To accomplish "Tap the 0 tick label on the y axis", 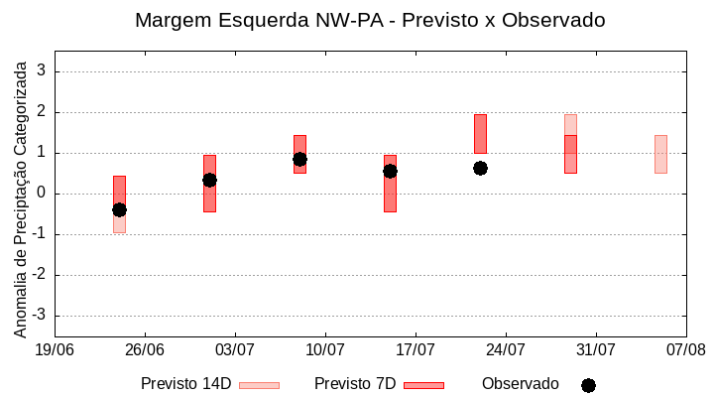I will (x=42, y=194).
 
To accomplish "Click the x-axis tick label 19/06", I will (x=55, y=349).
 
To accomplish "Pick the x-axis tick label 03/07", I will (x=235, y=349).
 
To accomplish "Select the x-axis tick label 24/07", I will (x=506, y=349).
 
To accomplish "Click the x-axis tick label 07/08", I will (x=686, y=349).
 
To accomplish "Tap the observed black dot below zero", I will (x=119, y=209).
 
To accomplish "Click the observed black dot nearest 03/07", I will (x=209, y=180).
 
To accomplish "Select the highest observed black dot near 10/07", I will (x=299, y=159).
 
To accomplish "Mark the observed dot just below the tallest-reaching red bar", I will (x=480, y=168).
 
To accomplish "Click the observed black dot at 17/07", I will (x=390, y=171).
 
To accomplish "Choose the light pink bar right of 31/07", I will (x=660, y=154).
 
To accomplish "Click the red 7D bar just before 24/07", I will (x=480, y=133).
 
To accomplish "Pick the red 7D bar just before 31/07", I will (x=570, y=154).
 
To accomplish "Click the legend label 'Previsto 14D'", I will (x=185, y=384).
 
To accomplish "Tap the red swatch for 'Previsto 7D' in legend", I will (x=423, y=385).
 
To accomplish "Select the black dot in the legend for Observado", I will (x=588, y=385).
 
